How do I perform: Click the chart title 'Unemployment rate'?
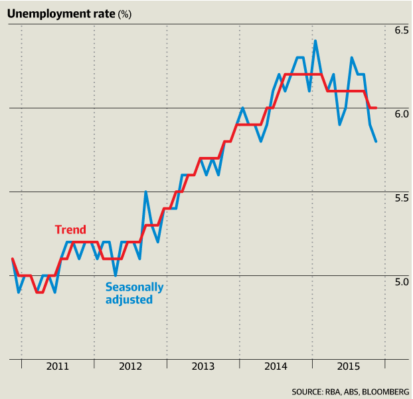pyautogui.click(x=61, y=13)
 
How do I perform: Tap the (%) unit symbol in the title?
pyautogui.click(x=125, y=14)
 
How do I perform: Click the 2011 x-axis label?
pyautogui.click(x=58, y=366)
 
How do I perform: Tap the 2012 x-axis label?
pyautogui.click(x=130, y=366)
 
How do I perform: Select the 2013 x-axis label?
pyautogui.click(x=203, y=366)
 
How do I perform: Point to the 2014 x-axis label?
pyautogui.click(x=276, y=366)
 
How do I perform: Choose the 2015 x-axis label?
pyautogui.click(x=348, y=366)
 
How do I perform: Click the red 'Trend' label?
pyautogui.click(x=70, y=230)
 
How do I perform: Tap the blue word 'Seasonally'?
pyautogui.click(x=134, y=287)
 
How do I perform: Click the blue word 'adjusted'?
pyautogui.click(x=129, y=300)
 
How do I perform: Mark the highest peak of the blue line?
pyautogui.click(x=315, y=41)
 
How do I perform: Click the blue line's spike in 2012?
pyautogui.click(x=145, y=192)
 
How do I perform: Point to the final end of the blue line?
pyautogui.click(x=376, y=141)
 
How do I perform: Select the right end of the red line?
pyautogui.click(x=376, y=108)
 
